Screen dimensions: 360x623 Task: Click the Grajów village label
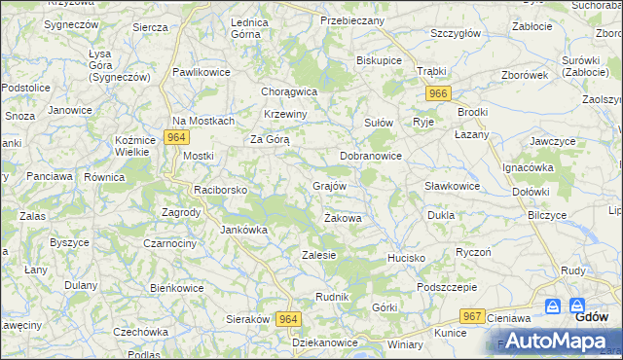(329, 185)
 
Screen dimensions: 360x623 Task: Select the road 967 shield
(473, 316)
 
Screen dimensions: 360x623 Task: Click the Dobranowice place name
(371, 156)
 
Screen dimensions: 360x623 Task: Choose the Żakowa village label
(343, 219)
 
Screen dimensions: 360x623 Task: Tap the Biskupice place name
(380, 59)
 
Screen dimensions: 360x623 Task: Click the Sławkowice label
(453, 186)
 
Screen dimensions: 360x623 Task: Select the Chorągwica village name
(289, 91)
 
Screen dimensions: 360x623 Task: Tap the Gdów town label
(592, 316)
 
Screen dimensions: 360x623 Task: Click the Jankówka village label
(243, 231)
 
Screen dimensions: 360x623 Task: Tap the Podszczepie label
(446, 287)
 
